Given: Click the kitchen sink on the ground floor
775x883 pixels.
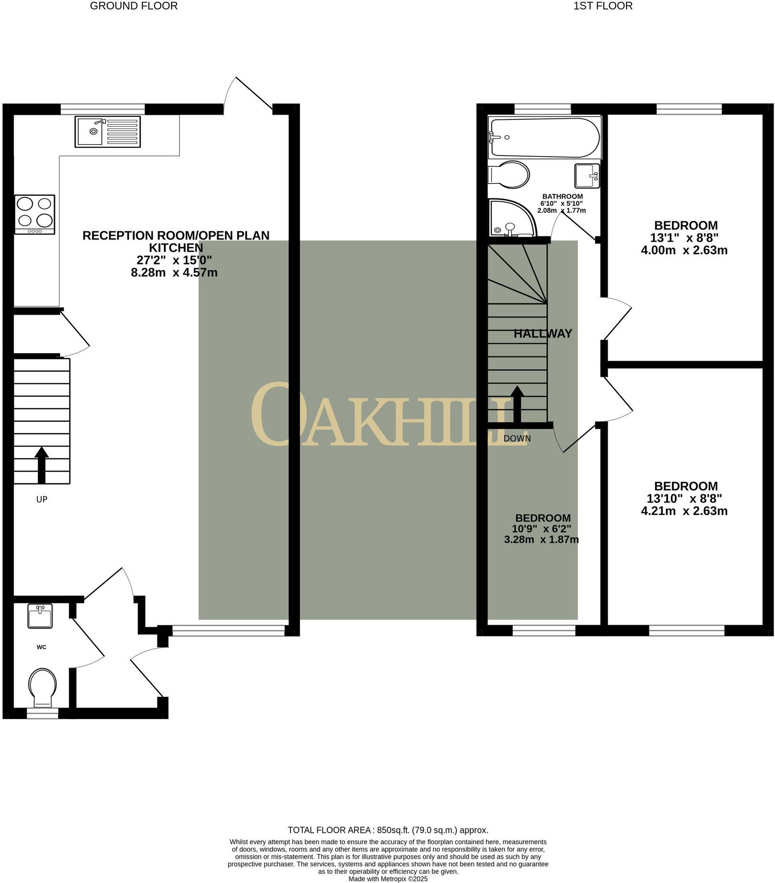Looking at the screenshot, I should (107, 132).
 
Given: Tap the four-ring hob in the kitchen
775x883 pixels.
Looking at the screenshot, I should (35, 214).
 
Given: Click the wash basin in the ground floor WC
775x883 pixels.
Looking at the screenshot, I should (40, 617).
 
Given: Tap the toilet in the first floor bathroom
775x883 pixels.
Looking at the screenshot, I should (509, 175).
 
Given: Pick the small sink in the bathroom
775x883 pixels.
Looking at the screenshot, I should (587, 176).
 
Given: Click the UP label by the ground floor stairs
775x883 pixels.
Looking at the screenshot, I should (42, 499).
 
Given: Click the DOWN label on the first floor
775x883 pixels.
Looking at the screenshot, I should (517, 438).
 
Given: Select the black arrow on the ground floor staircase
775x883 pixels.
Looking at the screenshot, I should (42, 464).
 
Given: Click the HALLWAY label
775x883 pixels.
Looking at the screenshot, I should (543, 334).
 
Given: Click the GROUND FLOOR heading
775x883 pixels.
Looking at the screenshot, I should (134, 6).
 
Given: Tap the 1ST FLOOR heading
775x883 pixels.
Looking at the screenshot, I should (602, 6).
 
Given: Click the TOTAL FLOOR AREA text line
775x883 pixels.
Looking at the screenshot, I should (388, 830).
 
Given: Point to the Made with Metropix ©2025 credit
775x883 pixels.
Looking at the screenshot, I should (388, 879).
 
